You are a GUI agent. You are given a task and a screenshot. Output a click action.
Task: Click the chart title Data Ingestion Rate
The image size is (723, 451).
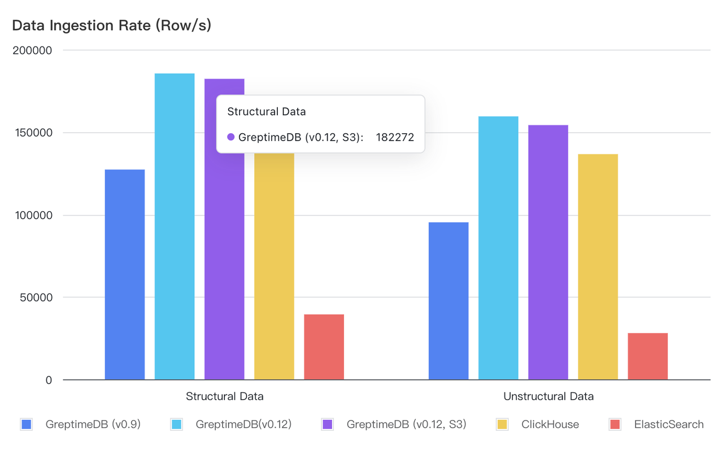111,25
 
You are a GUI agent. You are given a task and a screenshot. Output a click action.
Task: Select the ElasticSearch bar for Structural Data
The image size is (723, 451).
324,347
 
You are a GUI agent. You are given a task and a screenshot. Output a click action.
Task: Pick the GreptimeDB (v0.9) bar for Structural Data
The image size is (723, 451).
125,274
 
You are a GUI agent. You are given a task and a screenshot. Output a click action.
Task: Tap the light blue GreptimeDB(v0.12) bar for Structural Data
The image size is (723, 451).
175,226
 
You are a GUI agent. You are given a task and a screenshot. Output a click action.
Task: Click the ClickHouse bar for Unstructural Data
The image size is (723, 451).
598,266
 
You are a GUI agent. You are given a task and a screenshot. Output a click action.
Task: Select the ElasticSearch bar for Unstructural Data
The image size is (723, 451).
647,356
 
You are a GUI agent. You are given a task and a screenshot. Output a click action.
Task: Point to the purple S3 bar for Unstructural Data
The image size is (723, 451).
548,252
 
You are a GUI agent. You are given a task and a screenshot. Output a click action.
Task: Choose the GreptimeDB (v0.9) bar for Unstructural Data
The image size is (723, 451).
448,301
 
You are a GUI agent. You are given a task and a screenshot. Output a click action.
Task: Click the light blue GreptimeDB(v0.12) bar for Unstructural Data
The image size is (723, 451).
498,248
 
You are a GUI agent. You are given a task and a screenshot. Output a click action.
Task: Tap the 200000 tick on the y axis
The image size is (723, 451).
32,51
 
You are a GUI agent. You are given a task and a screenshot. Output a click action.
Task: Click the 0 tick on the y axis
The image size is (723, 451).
49,380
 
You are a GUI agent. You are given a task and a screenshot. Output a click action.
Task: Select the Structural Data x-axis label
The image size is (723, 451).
225,396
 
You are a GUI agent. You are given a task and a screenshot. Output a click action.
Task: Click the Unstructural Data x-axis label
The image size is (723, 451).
548,396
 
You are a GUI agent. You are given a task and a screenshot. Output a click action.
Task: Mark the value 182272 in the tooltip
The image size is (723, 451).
395,137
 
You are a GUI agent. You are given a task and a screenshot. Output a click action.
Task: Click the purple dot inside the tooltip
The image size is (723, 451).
230,137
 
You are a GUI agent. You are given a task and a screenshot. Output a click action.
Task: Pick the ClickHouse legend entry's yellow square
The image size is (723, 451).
502,424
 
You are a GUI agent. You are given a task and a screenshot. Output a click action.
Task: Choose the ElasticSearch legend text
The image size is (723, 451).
669,424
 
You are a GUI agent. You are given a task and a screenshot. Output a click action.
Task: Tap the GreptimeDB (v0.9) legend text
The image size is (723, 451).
93,424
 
